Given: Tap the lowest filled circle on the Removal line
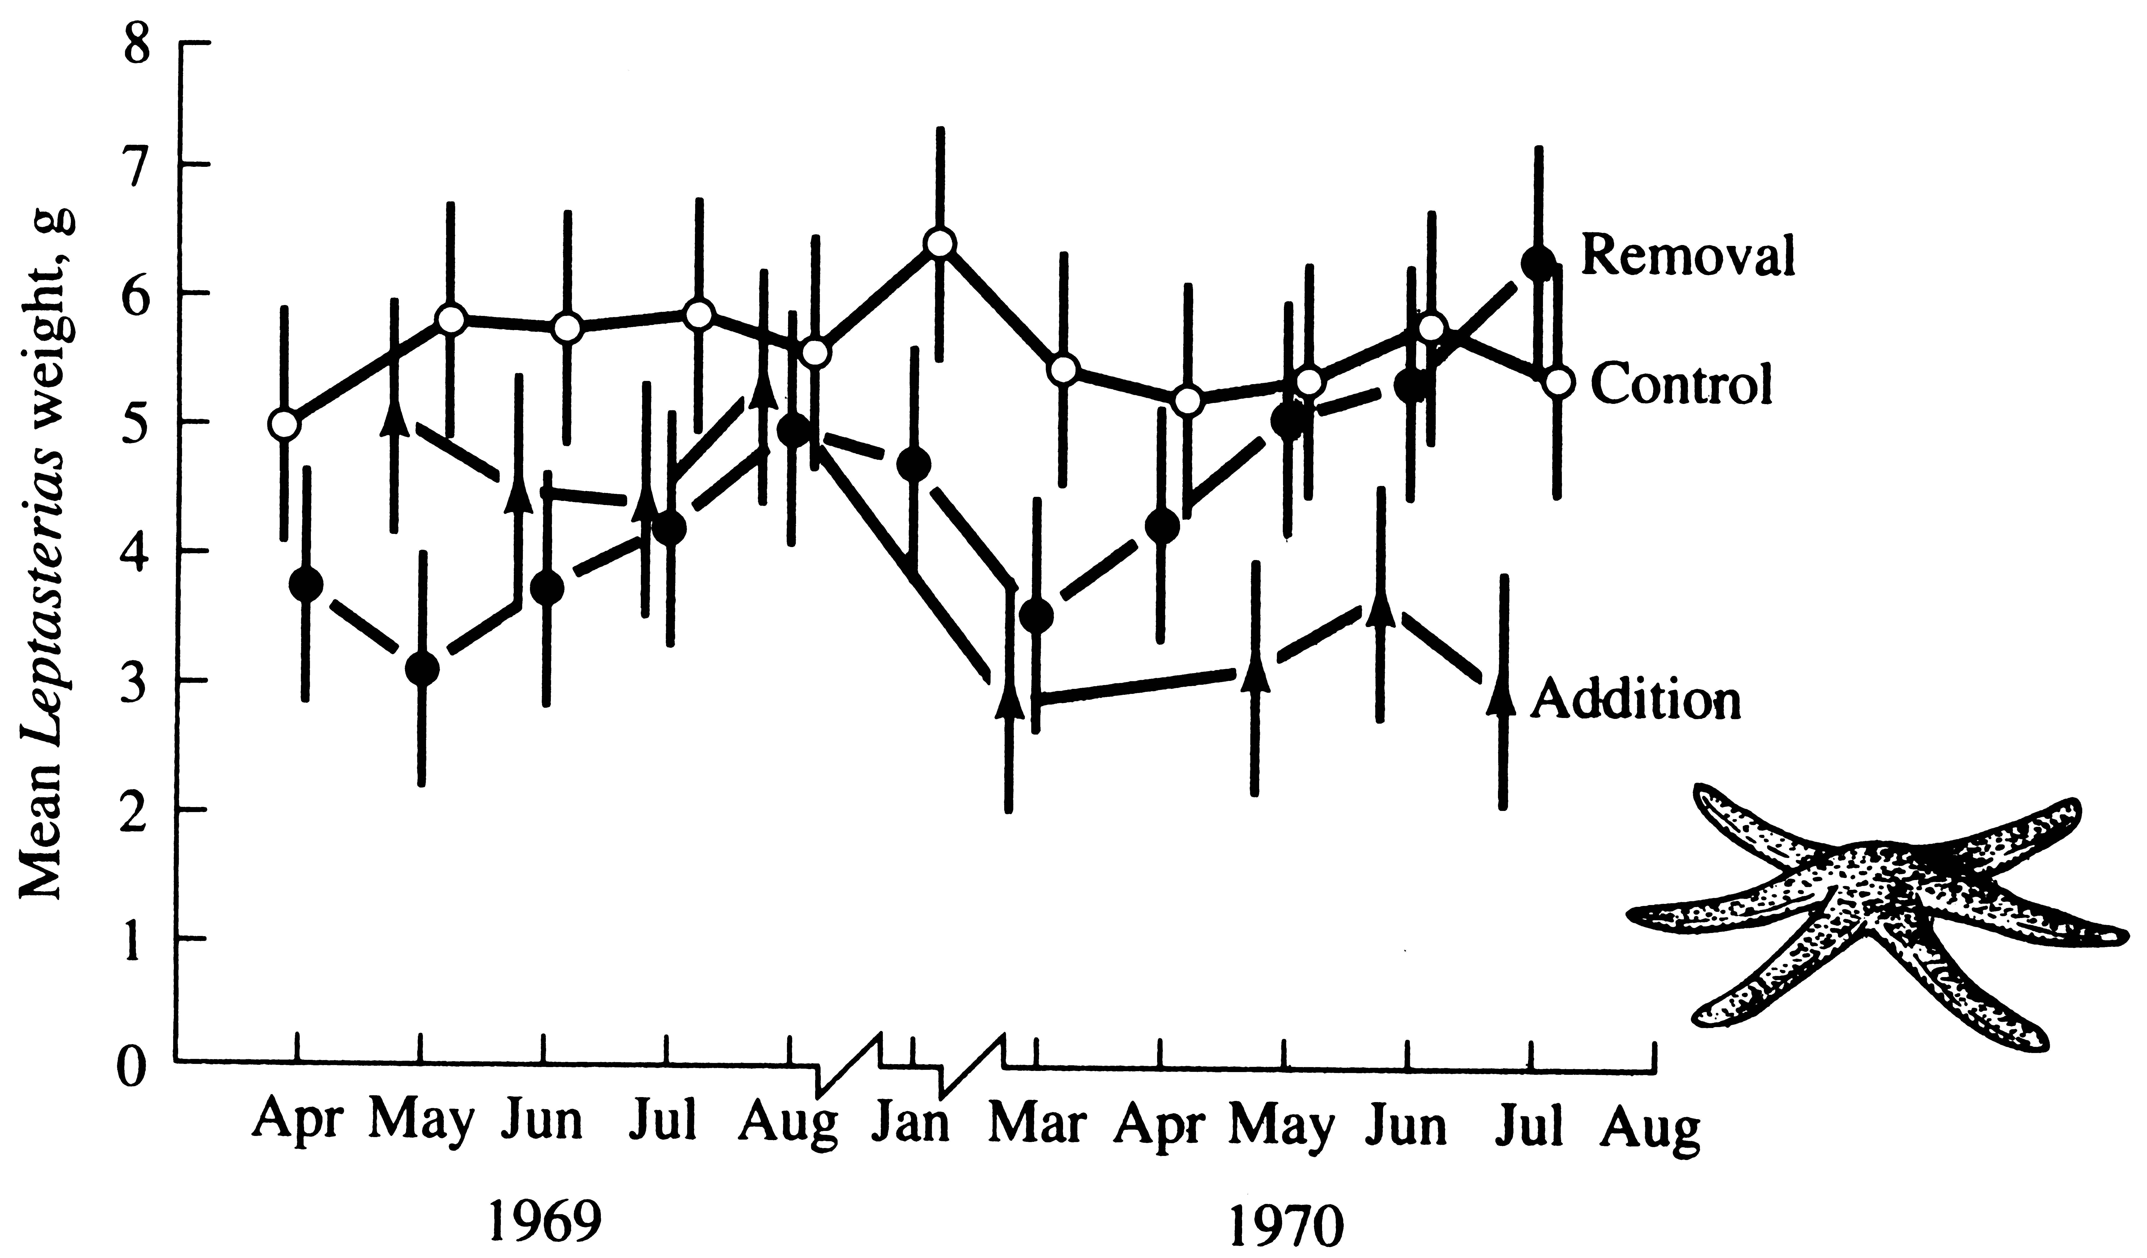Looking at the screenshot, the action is (422, 670).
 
